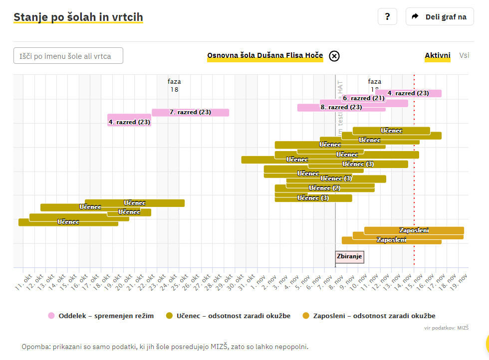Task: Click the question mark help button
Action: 387,16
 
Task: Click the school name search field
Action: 68,56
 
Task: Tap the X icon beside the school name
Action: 334,56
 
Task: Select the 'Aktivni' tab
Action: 438,56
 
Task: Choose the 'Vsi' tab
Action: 464,56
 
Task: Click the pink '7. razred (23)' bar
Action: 190,112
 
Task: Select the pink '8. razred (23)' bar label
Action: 341,107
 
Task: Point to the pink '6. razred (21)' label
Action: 364,98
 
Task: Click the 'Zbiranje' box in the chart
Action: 350,257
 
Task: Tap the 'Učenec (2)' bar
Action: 324,188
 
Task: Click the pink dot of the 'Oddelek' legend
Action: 51,316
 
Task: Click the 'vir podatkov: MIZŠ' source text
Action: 446,328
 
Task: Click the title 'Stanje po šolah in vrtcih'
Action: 78,17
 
